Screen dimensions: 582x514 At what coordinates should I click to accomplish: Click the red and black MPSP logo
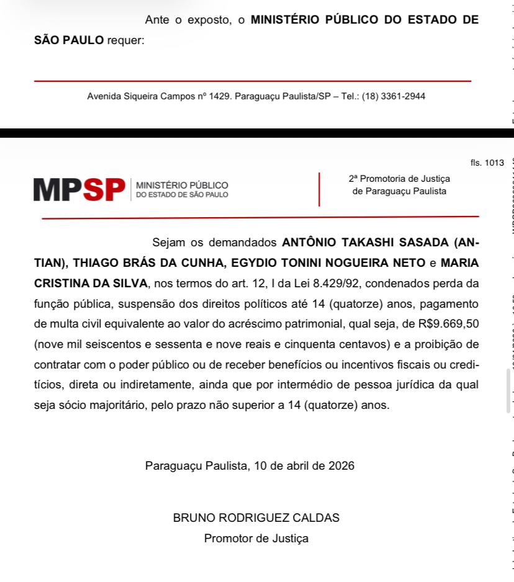(x=79, y=190)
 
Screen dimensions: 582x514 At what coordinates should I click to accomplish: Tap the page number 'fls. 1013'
(x=487, y=163)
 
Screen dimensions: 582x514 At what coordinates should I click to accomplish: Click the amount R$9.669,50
(x=442, y=323)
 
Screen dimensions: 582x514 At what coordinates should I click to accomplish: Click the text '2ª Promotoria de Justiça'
(x=399, y=179)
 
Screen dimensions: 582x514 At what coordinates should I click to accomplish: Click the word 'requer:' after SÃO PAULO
(x=125, y=40)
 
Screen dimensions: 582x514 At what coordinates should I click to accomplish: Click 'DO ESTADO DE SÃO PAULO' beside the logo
(x=182, y=195)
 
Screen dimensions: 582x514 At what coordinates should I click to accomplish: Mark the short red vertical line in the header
(x=319, y=189)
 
